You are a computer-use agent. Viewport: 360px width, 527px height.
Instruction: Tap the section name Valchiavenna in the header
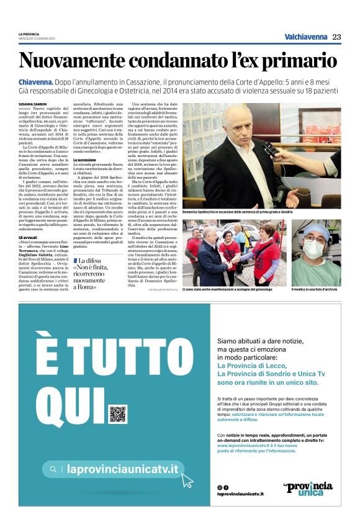click(305, 37)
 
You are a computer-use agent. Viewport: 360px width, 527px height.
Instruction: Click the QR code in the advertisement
click(117, 414)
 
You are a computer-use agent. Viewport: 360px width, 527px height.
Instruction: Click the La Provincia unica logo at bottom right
click(307, 488)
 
